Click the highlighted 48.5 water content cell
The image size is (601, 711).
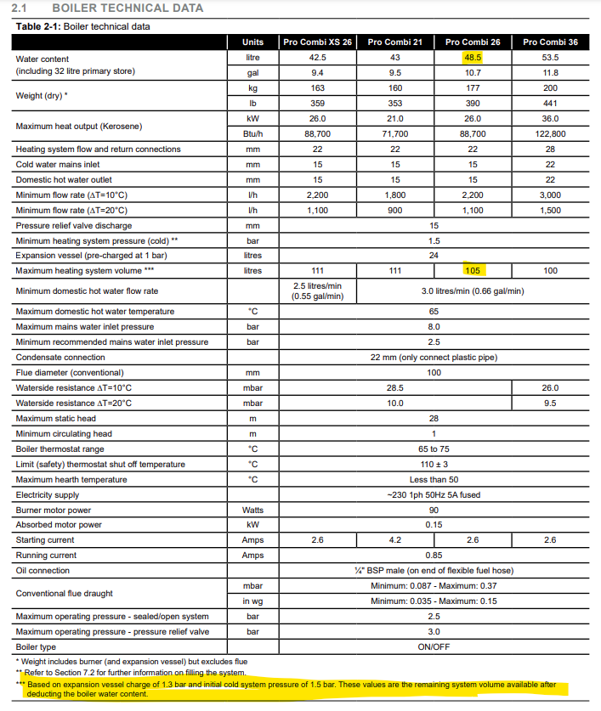click(x=473, y=57)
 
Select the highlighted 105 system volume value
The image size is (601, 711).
click(x=473, y=270)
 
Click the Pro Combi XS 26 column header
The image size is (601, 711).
click(x=317, y=42)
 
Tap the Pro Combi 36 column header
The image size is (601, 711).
click(x=550, y=42)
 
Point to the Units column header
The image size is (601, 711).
click(x=252, y=42)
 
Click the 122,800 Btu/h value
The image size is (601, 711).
click(x=550, y=133)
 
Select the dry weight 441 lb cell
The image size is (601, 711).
click(x=550, y=103)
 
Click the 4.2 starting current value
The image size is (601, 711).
click(x=395, y=540)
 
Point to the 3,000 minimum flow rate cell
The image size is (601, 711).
click(x=550, y=195)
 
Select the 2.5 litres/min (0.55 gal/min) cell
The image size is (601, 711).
click(x=317, y=291)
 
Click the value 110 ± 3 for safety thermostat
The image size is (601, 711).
click(x=434, y=464)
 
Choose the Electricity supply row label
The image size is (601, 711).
click(x=48, y=494)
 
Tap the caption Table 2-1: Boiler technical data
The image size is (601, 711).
click(x=83, y=25)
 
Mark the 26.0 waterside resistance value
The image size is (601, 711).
click(x=550, y=387)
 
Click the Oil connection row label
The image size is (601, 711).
click(x=43, y=571)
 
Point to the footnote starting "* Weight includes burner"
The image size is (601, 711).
click(x=131, y=661)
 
